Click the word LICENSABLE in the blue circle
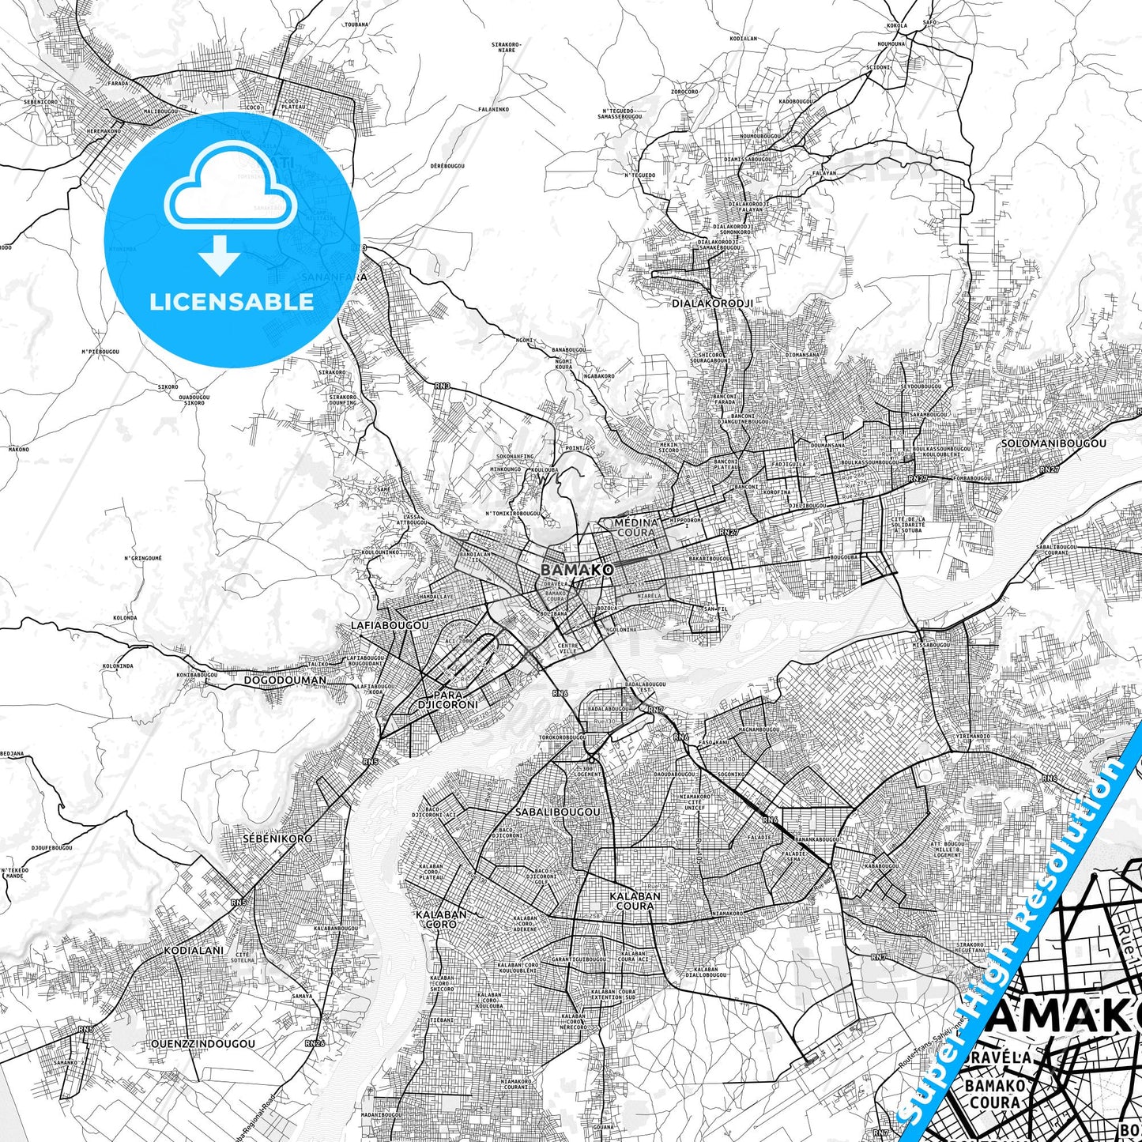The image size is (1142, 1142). coord(232,302)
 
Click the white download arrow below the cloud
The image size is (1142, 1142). coord(220,254)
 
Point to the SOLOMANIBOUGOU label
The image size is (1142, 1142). coord(1053,444)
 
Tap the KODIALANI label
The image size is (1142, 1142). coord(194,951)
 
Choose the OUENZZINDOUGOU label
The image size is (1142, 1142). coord(203,1043)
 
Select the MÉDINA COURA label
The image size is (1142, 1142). coord(636,527)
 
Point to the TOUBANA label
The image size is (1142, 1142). coord(356,24)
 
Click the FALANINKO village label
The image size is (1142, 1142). coord(493,109)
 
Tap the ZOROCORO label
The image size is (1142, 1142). coord(684,92)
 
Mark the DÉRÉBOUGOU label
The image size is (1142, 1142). coord(447,166)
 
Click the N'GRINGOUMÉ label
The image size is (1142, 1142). coord(143,558)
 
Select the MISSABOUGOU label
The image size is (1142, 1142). coord(931,645)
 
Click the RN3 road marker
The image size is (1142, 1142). coord(442,386)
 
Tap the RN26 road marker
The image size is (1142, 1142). coord(315,1043)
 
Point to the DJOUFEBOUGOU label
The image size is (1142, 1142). coord(52,848)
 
